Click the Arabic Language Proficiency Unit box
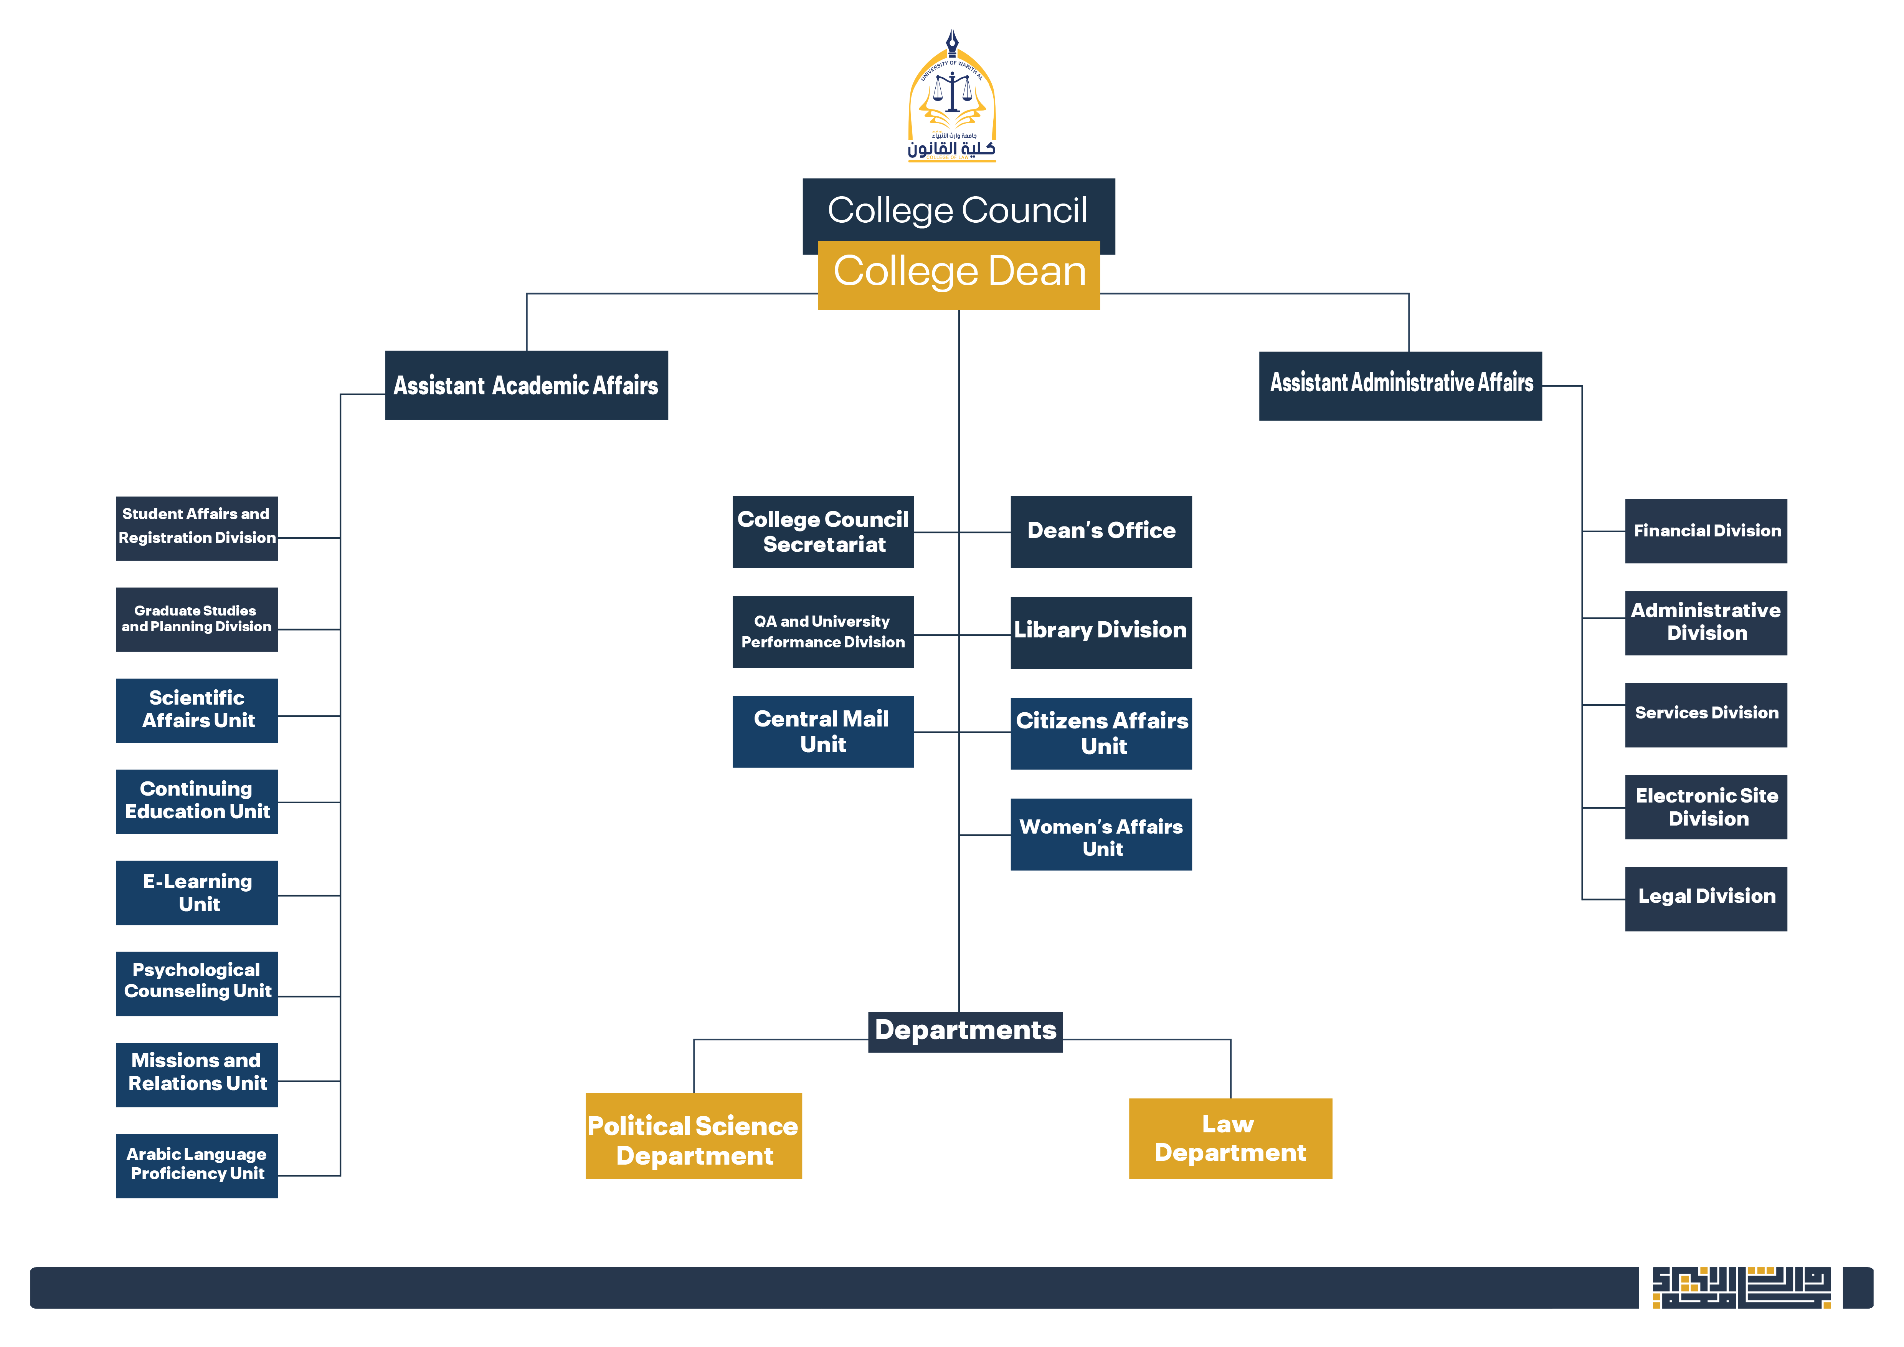tap(197, 1165)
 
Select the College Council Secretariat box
tap(822, 532)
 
